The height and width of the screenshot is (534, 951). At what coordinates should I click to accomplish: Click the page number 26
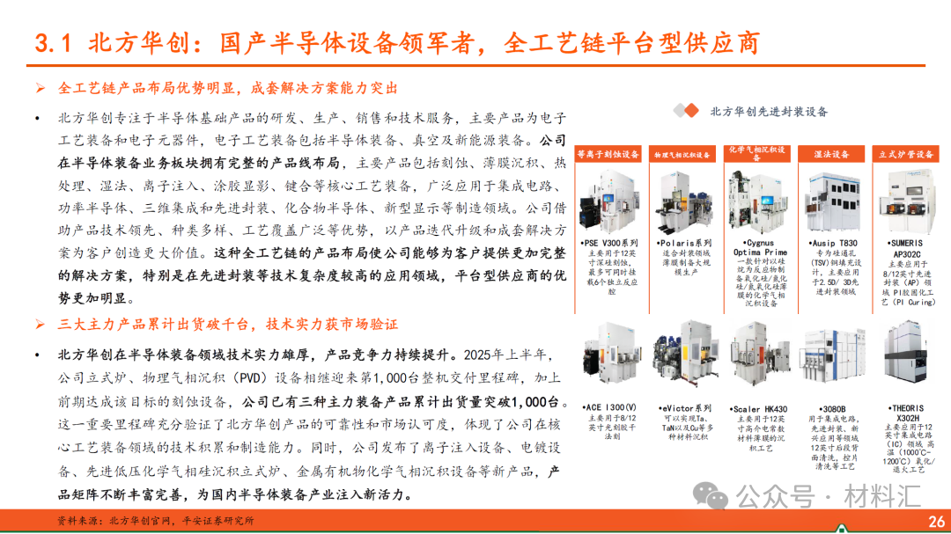[x=936, y=520]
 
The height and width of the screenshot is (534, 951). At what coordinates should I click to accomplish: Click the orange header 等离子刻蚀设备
[x=608, y=154]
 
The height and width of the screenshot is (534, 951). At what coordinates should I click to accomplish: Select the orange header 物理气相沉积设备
[x=682, y=154]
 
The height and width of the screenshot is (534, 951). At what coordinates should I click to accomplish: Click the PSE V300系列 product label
[x=610, y=243]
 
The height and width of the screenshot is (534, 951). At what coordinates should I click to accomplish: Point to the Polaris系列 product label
[x=684, y=243]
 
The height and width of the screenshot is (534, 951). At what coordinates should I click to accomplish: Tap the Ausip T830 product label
[x=833, y=243]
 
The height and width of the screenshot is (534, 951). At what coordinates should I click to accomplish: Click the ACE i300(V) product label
[x=610, y=408]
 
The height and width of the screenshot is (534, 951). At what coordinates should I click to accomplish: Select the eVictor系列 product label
[x=684, y=408]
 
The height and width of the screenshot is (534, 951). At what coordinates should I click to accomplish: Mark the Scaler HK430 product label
[x=759, y=409]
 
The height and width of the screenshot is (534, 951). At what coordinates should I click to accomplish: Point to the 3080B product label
[x=833, y=409]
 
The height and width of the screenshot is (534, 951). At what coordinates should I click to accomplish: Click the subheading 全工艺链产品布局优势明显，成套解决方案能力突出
[x=228, y=88]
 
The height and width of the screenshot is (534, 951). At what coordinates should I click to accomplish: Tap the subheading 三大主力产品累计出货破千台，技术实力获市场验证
[x=228, y=325]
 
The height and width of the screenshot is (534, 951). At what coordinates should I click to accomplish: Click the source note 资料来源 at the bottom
[x=154, y=520]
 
